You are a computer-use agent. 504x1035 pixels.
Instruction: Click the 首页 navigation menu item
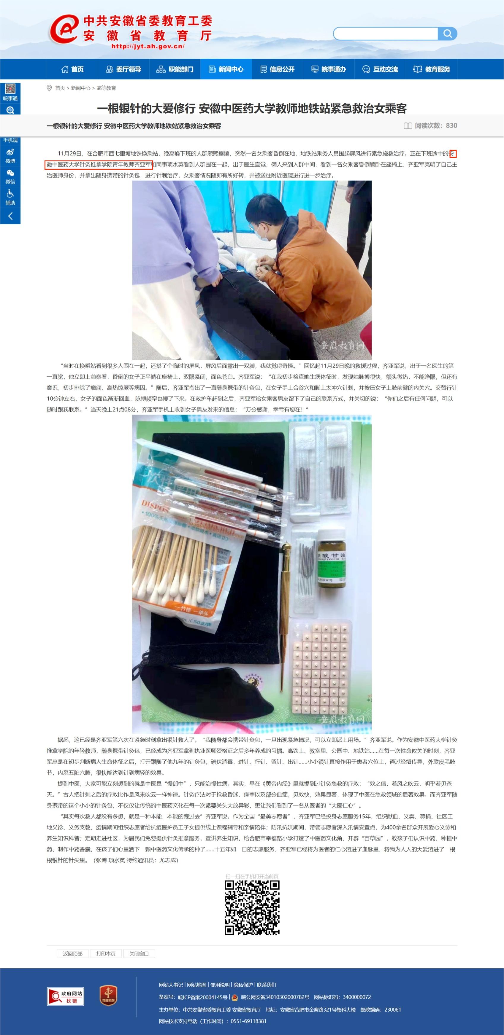[x=72, y=69]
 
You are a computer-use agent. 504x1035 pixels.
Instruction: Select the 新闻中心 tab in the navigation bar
[x=226, y=69]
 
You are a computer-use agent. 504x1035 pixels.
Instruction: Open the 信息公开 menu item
[x=278, y=69]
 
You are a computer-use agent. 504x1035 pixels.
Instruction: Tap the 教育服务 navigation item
[x=432, y=69]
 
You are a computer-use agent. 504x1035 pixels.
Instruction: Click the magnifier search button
[x=447, y=34]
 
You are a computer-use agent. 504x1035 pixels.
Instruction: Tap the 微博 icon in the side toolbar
[x=10, y=155]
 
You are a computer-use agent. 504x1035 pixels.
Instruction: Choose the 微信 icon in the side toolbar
[x=10, y=176]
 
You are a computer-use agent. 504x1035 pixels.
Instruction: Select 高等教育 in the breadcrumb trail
[x=106, y=88]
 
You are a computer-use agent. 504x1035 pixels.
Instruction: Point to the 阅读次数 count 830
[x=451, y=125]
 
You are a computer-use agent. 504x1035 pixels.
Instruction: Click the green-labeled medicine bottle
[x=332, y=559]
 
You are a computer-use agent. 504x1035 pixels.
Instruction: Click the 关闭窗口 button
[x=139, y=954]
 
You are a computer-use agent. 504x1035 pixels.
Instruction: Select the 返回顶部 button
[x=72, y=954]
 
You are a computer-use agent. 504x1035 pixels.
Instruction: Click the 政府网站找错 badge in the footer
[x=66, y=996]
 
